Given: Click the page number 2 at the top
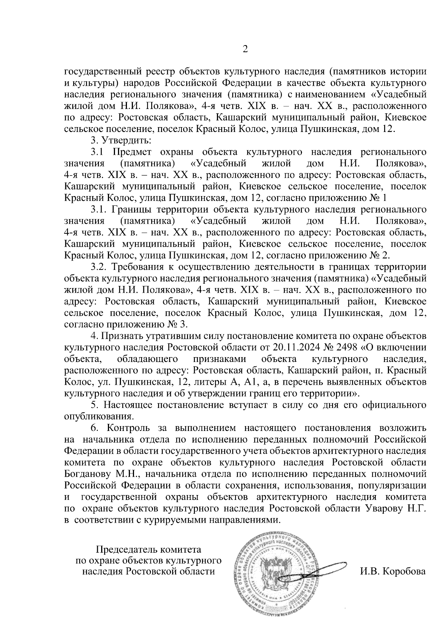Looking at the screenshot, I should coord(245,49).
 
